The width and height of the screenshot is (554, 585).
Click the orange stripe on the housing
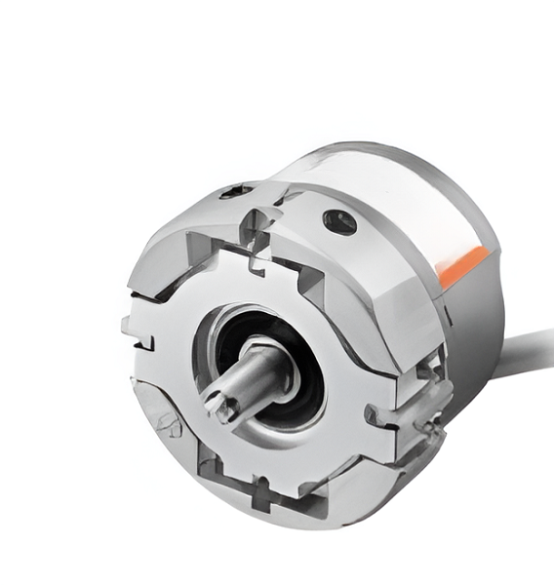pyautogui.click(x=463, y=265)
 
